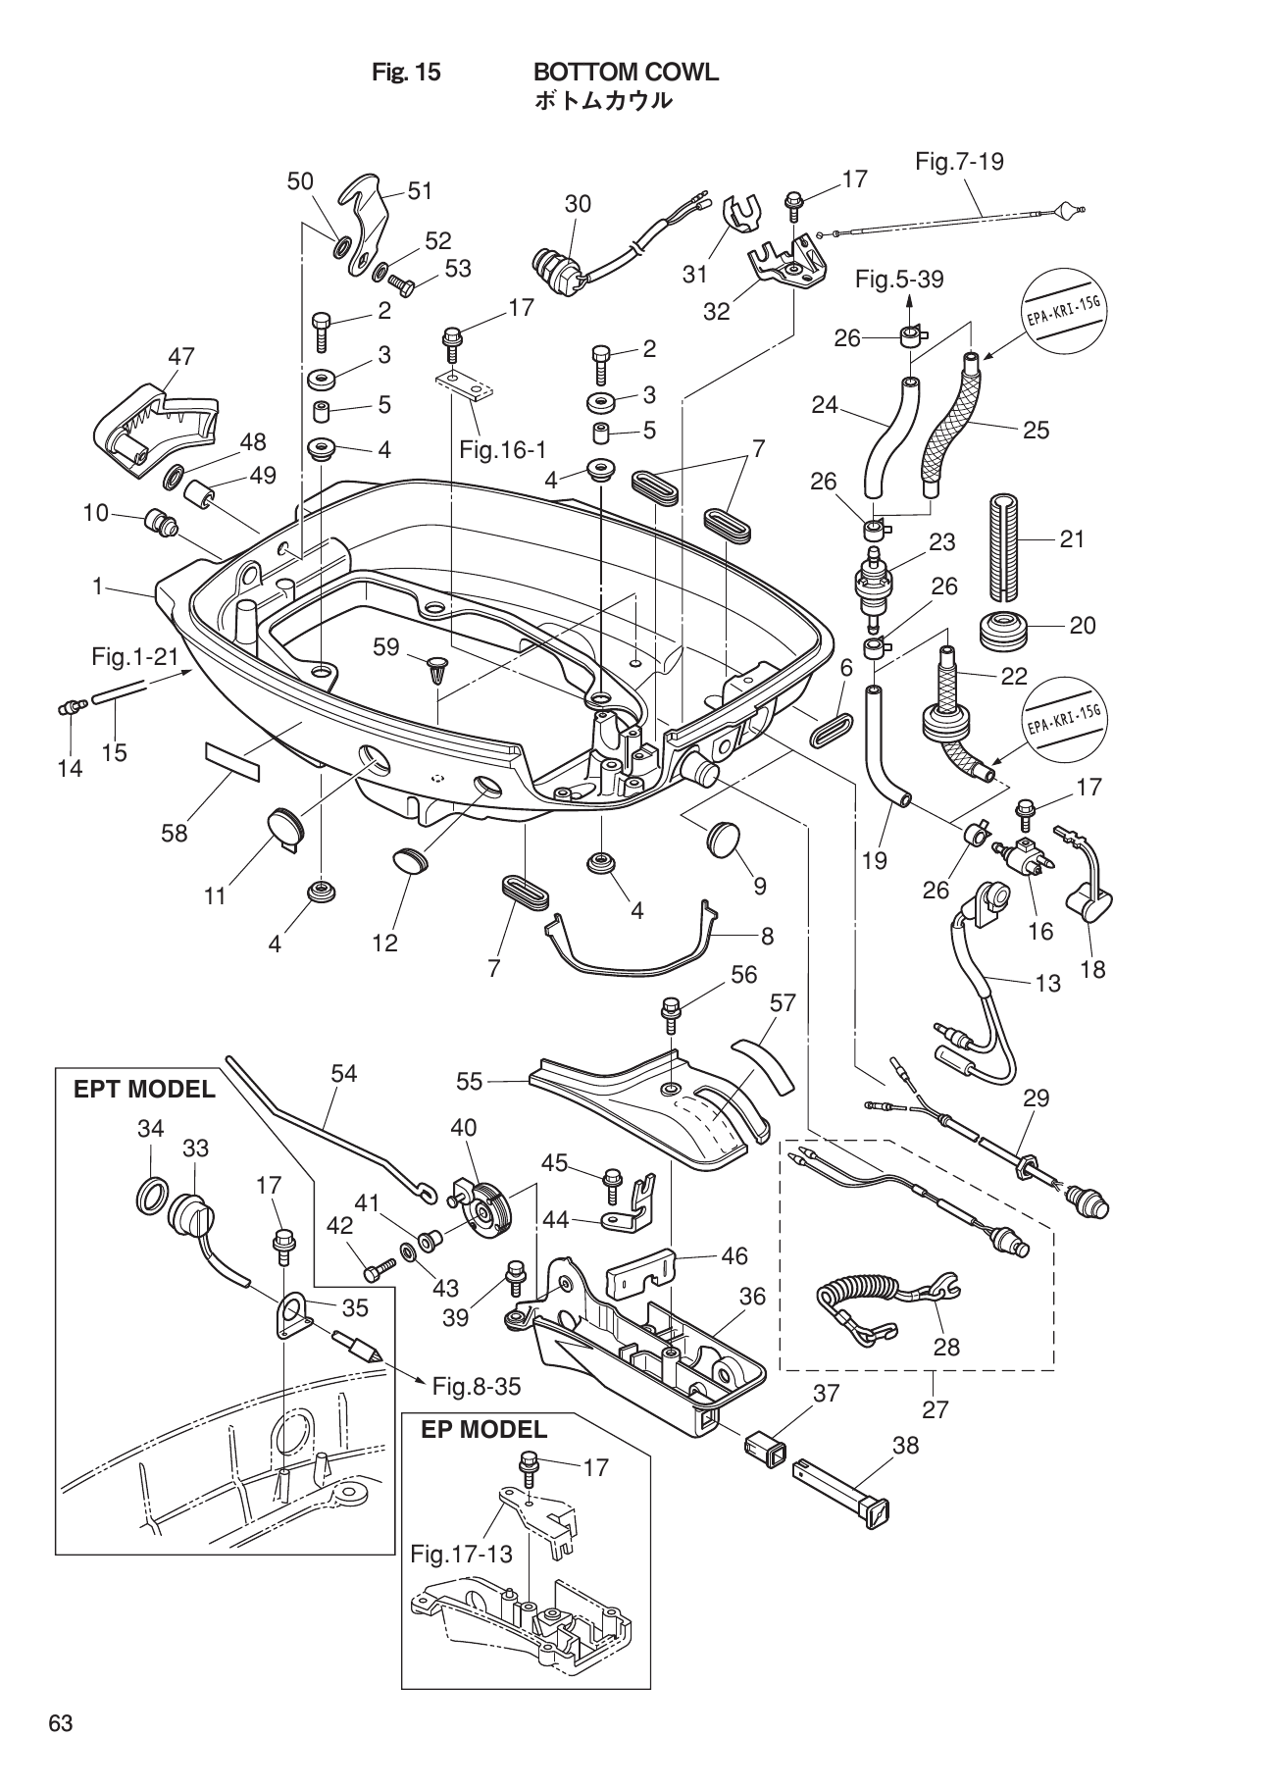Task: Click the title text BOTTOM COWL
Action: (x=625, y=72)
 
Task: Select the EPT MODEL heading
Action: (x=143, y=1089)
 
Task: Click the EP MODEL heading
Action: (x=483, y=1429)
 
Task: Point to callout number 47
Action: (x=180, y=357)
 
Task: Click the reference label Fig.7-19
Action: (x=959, y=161)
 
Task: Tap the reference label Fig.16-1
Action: (x=502, y=450)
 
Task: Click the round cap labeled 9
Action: (x=724, y=840)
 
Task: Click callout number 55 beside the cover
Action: (x=470, y=1082)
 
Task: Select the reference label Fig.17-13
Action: (x=454, y=1554)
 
